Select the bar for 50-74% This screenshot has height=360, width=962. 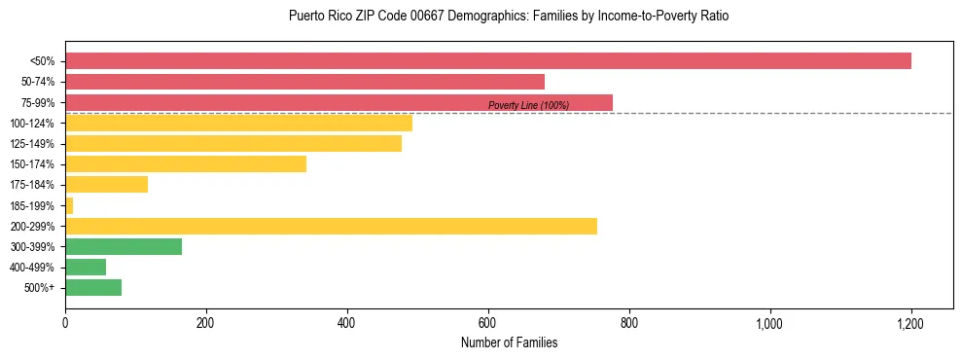(x=304, y=82)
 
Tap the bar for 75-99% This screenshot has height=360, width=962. (x=338, y=102)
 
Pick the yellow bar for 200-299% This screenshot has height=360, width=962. (x=331, y=227)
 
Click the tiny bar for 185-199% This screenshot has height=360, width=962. (x=69, y=205)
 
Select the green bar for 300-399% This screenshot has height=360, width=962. (x=124, y=247)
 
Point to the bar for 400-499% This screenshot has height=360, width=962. (x=86, y=268)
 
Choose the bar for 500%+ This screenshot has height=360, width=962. (x=93, y=288)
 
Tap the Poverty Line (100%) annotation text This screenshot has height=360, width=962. (x=528, y=105)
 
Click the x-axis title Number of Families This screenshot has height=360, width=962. (x=509, y=342)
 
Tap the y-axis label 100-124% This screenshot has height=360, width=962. (x=32, y=124)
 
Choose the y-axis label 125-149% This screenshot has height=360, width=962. (x=32, y=144)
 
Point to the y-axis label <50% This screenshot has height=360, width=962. (x=42, y=61)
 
